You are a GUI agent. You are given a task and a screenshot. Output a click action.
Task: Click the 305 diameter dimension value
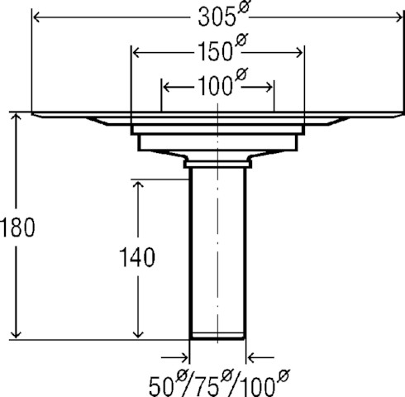[217, 17]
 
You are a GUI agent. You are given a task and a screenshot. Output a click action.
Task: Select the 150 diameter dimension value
[215, 51]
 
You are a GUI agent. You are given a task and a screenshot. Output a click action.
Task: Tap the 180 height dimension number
[17, 227]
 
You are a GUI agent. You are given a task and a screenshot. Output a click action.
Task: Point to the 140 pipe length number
[137, 257]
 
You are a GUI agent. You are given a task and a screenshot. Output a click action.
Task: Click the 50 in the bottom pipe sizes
[161, 386]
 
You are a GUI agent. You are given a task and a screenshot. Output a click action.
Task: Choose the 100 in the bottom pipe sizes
[257, 386]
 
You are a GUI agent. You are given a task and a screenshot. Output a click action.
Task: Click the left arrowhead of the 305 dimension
[36, 18]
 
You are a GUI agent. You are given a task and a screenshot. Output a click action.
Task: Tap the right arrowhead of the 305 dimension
[399, 18]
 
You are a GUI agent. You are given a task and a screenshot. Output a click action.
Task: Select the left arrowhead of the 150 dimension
[136, 52]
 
